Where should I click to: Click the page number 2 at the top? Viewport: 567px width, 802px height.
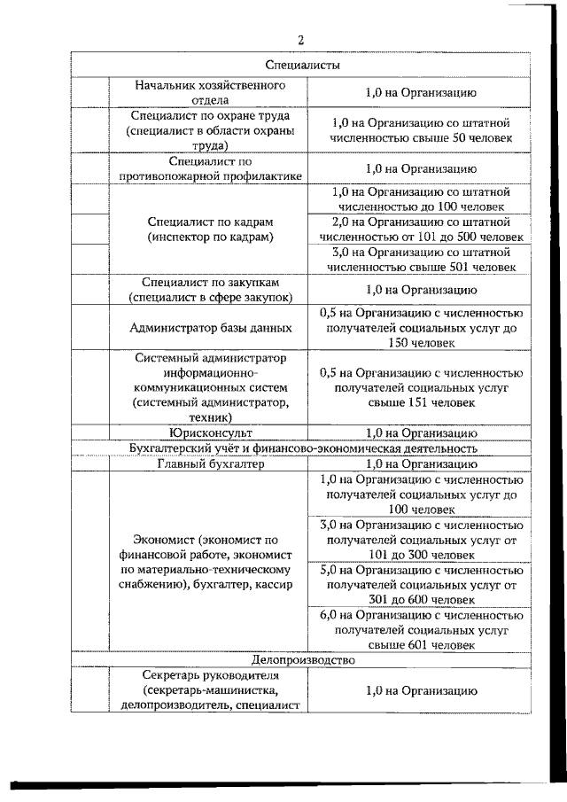(300, 40)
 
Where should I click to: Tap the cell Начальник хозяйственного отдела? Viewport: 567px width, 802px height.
(209, 93)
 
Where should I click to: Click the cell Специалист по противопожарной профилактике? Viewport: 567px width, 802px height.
(209, 168)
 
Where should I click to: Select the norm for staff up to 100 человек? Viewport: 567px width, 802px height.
(420, 199)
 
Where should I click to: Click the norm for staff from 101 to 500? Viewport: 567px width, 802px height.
(420, 229)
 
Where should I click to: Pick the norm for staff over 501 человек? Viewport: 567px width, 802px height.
(420, 258)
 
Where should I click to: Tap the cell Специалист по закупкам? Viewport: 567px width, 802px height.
(209, 290)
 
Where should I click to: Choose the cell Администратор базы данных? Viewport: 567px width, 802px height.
(209, 327)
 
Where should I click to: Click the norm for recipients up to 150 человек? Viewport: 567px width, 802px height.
(420, 327)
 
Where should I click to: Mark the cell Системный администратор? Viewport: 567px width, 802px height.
(209, 387)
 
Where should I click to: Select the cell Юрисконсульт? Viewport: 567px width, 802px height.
(209, 432)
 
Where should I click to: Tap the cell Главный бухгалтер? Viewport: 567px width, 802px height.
(209, 463)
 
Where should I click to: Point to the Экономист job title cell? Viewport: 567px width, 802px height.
(209, 562)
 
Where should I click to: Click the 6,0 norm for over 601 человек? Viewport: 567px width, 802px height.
(420, 630)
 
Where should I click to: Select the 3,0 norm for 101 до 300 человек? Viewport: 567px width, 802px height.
(420, 540)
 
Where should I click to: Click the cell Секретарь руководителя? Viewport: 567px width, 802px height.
(209, 690)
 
